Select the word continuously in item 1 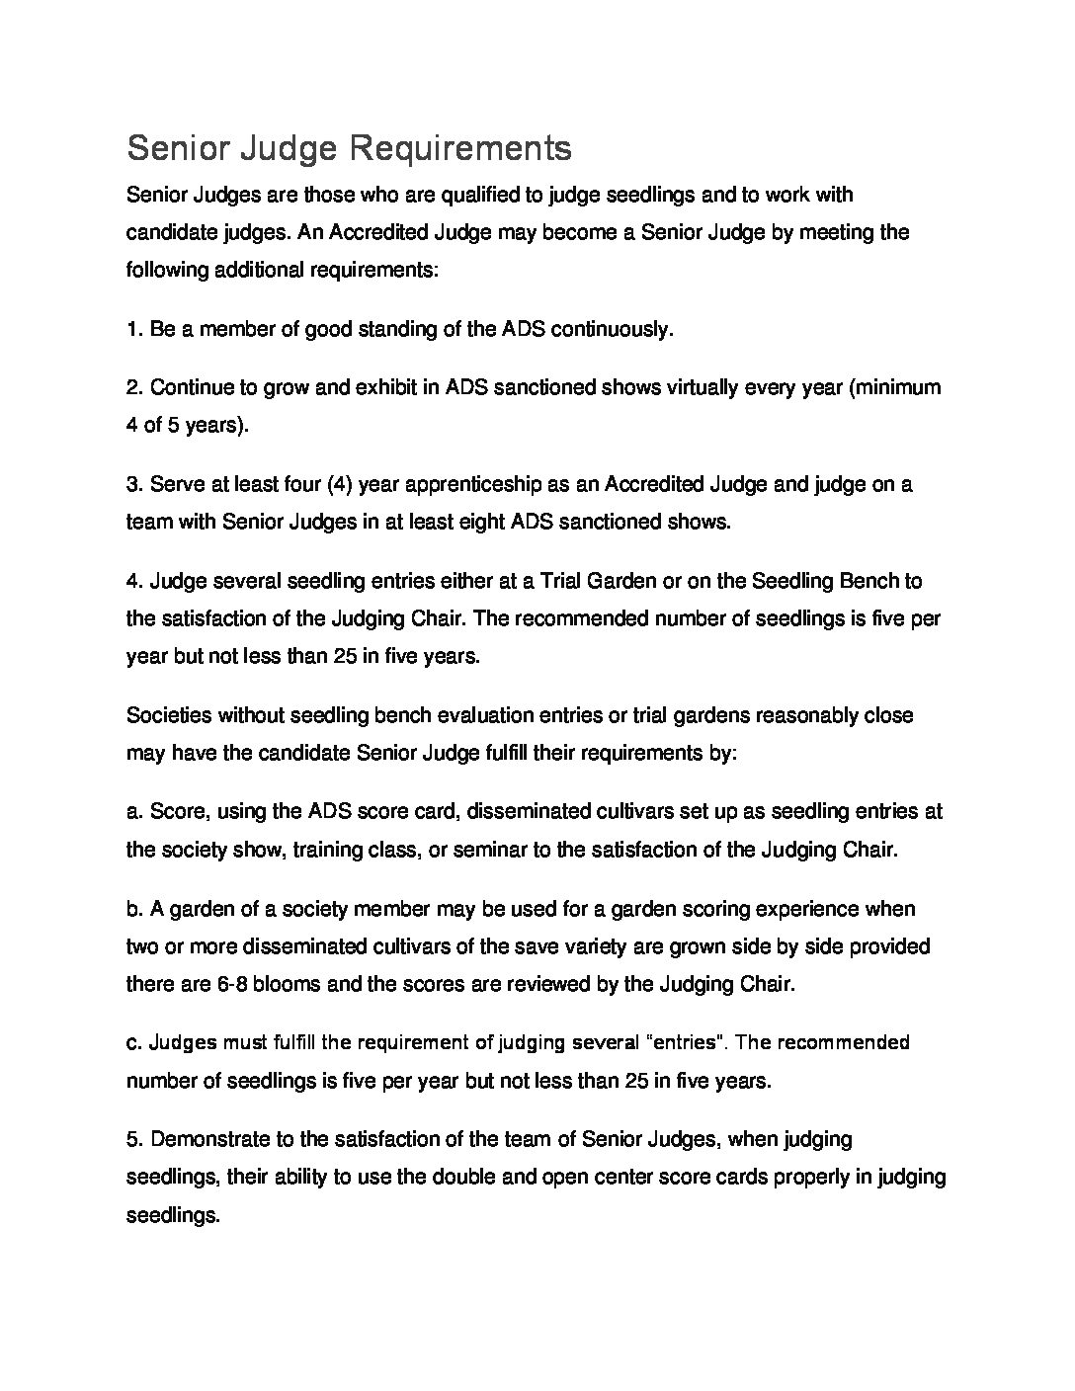612,329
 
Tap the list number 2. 135,387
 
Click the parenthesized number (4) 337,484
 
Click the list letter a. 134,812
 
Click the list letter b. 134,909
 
